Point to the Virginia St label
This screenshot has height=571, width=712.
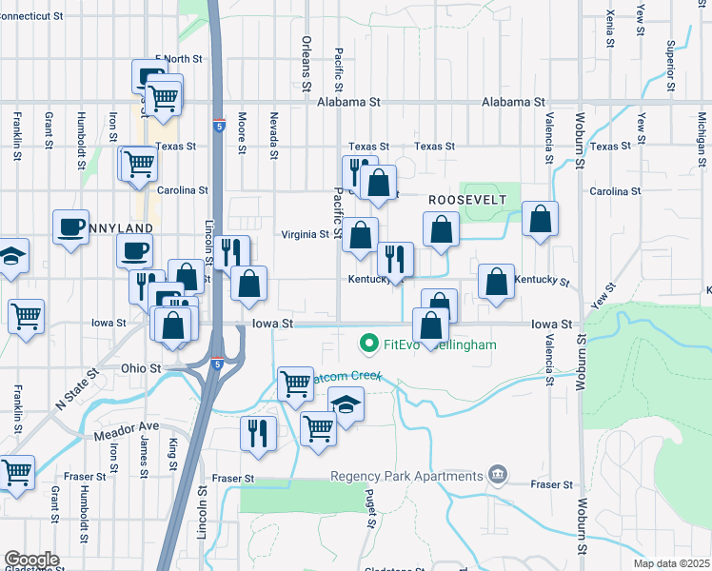[305, 234]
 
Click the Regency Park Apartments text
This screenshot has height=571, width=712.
[406, 476]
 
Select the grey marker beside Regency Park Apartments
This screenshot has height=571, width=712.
[496, 474]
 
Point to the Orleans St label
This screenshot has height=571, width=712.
[307, 65]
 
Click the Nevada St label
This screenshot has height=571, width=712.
[274, 134]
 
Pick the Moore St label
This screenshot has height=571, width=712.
[242, 133]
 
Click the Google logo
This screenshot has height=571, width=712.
[32, 560]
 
